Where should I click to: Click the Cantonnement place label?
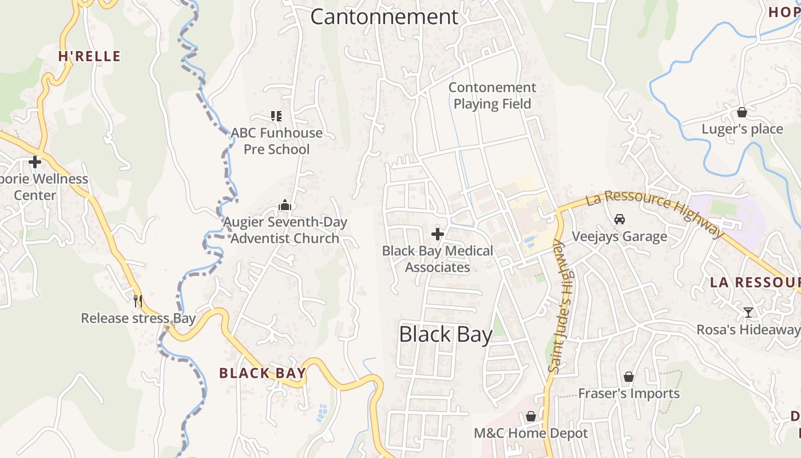click(x=384, y=17)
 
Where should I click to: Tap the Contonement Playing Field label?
click(x=492, y=96)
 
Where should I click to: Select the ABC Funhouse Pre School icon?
click(x=276, y=116)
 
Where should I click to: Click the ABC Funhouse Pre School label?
click(x=277, y=141)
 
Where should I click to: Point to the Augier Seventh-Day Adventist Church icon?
click(x=284, y=205)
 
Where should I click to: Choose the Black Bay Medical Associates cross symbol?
click(x=438, y=234)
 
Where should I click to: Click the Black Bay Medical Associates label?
click(x=438, y=259)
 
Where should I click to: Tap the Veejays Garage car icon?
click(x=619, y=219)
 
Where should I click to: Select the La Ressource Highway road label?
click(x=655, y=212)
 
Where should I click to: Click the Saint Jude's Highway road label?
click(x=561, y=306)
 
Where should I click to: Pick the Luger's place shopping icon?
click(x=742, y=112)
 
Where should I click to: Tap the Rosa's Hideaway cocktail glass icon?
click(x=748, y=313)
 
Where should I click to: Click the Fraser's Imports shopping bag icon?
click(x=629, y=377)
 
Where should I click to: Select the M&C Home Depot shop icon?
click(x=531, y=416)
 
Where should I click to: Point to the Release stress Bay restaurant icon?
click(x=137, y=301)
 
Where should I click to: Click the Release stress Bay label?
click(x=138, y=318)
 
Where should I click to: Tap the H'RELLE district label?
click(x=89, y=56)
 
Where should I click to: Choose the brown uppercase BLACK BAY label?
click(x=263, y=373)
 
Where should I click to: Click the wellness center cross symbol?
click(x=35, y=162)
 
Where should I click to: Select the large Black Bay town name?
click(x=446, y=334)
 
